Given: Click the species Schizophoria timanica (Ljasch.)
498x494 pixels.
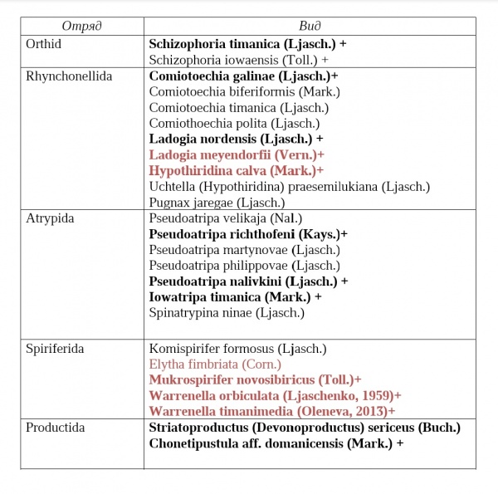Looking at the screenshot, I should coord(235,43).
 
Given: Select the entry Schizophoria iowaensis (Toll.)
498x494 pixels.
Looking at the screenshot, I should coord(233,60).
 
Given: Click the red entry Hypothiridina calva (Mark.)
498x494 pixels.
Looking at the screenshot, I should coord(232,170).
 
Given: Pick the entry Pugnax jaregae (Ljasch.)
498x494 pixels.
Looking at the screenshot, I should coord(217,202).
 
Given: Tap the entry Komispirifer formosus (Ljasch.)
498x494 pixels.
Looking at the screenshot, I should coord(237,348).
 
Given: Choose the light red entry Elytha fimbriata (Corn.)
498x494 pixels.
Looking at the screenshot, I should coord(216,364).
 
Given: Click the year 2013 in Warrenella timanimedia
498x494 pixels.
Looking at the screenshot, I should coord(372,411).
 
